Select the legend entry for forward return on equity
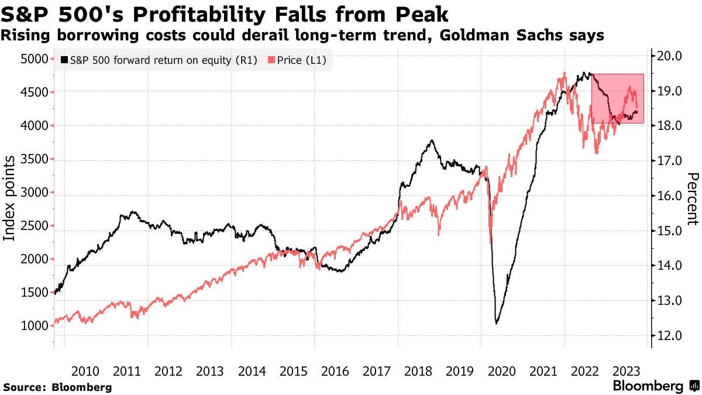click(159, 60)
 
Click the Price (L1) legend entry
click(296, 60)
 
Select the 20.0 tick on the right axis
click(670, 56)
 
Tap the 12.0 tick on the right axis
click(670, 336)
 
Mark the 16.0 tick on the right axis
click(670, 196)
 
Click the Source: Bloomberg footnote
click(57, 387)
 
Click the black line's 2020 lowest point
click(497, 323)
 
